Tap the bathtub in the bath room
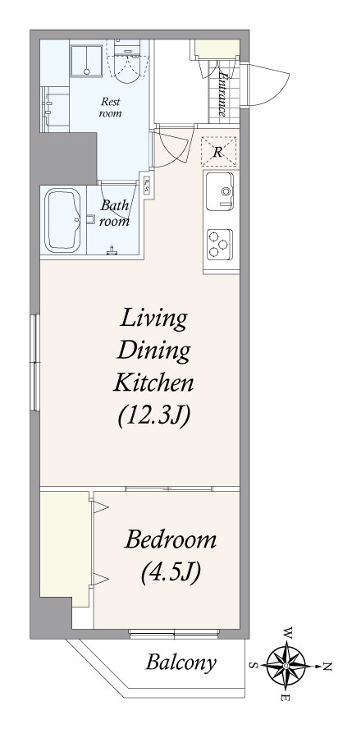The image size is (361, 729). pyautogui.click(x=62, y=220)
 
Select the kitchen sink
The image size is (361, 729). pyautogui.click(x=219, y=190)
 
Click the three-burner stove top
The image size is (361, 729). pyautogui.click(x=219, y=244)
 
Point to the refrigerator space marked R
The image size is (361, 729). pyautogui.click(x=218, y=151)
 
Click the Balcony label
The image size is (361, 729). pyautogui.click(x=180, y=663)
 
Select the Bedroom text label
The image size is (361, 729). pyautogui.click(x=171, y=541)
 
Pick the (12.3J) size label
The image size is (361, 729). pyautogui.click(x=153, y=416)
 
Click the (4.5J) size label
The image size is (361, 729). pyautogui.click(x=171, y=572)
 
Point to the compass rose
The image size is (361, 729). pyautogui.click(x=286, y=667)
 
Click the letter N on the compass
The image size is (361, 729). pyautogui.click(x=327, y=667)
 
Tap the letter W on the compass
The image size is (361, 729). pyautogui.click(x=288, y=633)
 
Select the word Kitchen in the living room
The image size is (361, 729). pyautogui.click(x=153, y=383)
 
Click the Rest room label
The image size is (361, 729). pyautogui.click(x=111, y=107)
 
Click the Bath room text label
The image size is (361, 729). pyautogui.click(x=115, y=213)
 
